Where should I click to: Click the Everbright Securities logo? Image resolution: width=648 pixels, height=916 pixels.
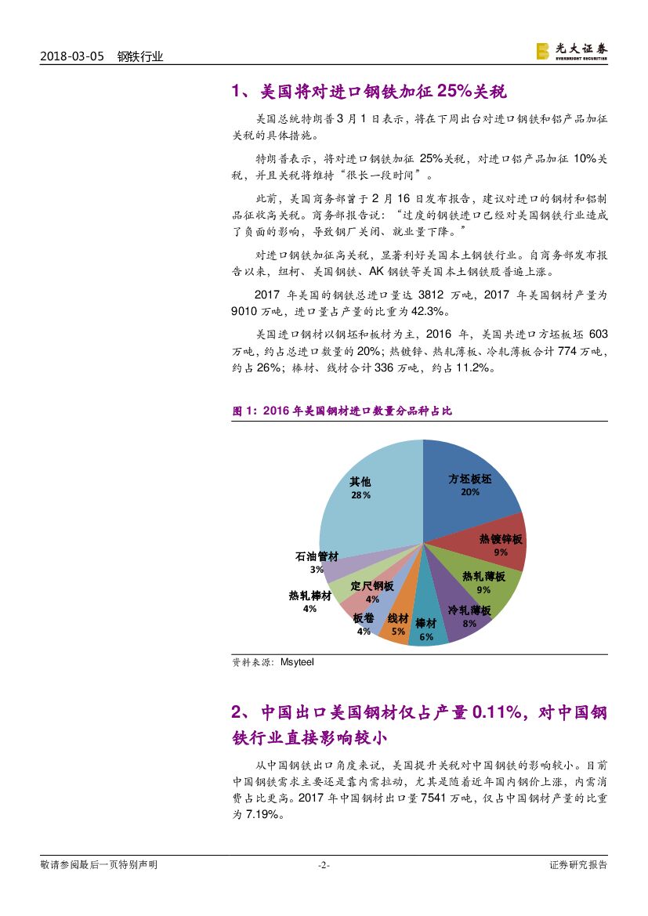click(571, 51)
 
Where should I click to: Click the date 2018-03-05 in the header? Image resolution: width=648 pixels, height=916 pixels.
click(71, 56)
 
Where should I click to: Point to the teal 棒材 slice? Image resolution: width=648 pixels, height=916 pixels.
click(426, 627)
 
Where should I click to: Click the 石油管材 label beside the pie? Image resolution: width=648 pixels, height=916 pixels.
click(317, 556)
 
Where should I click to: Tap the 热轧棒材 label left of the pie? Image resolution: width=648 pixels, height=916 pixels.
click(310, 596)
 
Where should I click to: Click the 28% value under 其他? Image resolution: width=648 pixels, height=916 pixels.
click(360, 495)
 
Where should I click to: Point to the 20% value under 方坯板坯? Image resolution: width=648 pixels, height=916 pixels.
click(470, 492)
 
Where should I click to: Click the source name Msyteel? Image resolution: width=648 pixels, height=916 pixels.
click(296, 662)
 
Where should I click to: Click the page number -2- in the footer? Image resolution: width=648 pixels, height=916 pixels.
click(324, 865)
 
